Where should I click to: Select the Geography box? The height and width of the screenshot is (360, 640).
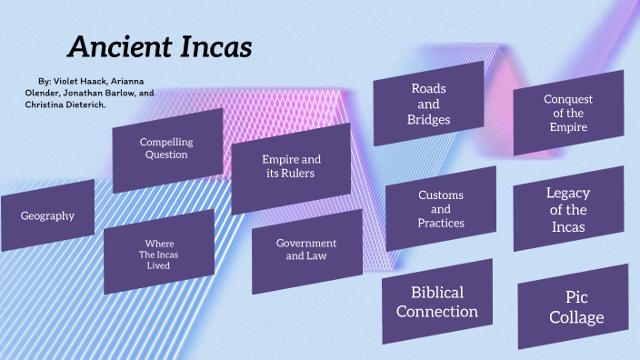47,216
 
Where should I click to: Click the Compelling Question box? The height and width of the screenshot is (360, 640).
166,149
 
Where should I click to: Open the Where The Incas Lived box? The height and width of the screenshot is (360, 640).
159,252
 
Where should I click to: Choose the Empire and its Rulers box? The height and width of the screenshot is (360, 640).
291,167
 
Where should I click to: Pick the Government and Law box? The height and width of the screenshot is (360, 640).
306,250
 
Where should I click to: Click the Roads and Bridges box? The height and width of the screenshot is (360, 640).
429,103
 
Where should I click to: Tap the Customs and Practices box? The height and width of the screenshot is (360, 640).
441,209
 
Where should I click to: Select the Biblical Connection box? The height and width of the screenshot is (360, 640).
437,302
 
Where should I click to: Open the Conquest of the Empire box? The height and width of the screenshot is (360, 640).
568,113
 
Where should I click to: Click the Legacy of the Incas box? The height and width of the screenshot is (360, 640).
568,209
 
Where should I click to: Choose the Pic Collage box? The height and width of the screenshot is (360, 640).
573,307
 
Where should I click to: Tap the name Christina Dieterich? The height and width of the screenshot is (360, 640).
65,105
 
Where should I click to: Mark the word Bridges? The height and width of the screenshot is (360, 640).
429,119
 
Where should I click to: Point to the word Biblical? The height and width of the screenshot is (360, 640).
437,293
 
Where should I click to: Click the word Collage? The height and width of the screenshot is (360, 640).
576,317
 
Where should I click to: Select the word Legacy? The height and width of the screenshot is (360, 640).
568,193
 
